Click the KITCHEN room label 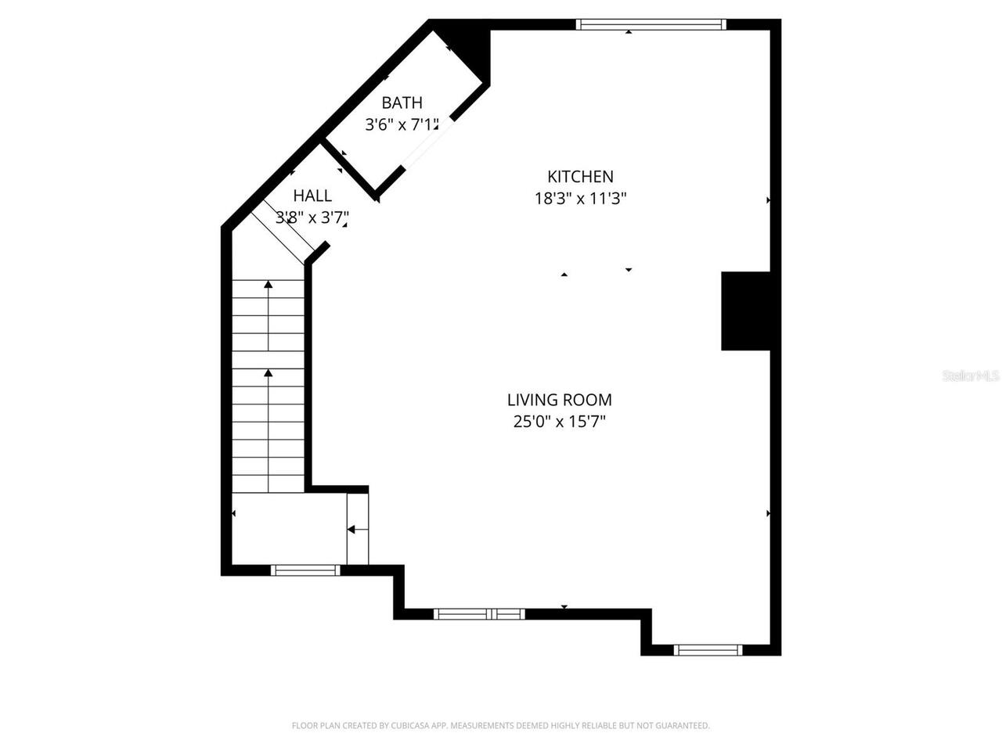579,177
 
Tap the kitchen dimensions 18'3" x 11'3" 580,199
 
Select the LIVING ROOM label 559,400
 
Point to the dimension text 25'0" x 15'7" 559,422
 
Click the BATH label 402,102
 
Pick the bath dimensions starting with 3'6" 402,124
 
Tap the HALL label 312,196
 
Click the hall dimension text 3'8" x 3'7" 312,217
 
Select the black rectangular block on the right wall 745,311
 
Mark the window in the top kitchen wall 651,25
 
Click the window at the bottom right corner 708,649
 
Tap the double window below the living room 478,614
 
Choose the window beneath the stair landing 305,570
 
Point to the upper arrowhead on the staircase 269,285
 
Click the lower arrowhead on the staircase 269,373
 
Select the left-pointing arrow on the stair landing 351,530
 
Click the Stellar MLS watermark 971,376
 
